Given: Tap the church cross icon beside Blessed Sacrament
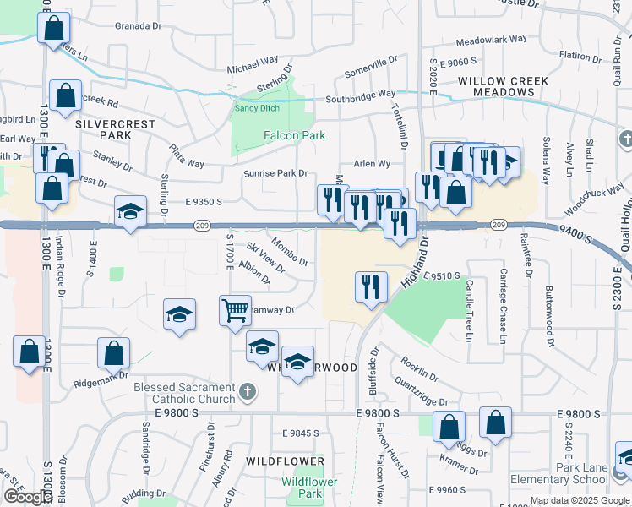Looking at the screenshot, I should [246, 390].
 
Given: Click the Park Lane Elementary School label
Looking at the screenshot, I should [571, 473].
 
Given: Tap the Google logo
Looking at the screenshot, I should [28, 497].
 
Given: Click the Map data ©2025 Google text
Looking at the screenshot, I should [580, 500].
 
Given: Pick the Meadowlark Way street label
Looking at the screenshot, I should [491, 40].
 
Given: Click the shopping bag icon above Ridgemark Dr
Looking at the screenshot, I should [114, 354].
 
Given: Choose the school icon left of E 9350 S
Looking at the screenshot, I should [130, 211].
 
